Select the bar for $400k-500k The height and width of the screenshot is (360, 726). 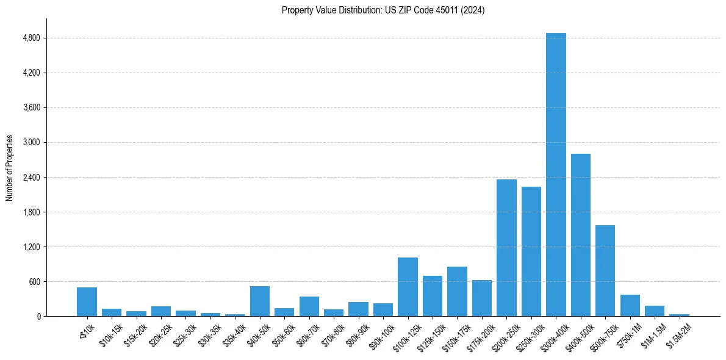(x=581, y=235)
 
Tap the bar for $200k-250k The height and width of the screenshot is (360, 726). (x=506, y=248)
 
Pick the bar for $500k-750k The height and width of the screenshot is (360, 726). (x=605, y=271)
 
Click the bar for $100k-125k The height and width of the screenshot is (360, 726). (x=408, y=287)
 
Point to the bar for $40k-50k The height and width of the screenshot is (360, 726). (x=260, y=301)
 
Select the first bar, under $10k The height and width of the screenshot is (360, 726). (x=87, y=302)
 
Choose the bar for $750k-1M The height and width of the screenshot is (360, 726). (x=630, y=306)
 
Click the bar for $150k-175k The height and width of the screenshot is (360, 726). (x=457, y=292)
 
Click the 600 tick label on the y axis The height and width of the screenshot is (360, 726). (x=34, y=282)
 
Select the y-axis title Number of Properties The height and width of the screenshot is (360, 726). (x=10, y=168)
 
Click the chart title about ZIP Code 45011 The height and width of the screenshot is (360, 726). (x=383, y=10)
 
